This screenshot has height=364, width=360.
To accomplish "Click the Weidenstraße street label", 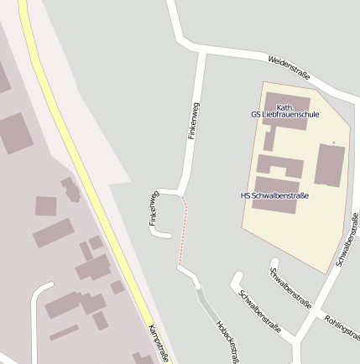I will (289, 68).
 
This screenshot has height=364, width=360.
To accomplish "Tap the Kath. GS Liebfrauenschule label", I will (285, 110).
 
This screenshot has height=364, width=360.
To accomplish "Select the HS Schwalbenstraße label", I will (274, 195).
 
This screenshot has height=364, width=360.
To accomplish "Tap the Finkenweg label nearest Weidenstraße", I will (194, 120).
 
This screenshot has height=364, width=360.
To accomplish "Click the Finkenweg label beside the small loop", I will (154, 208).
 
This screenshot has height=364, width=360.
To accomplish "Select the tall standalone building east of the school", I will (329, 164).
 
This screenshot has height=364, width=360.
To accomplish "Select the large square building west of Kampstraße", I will (14, 133).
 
